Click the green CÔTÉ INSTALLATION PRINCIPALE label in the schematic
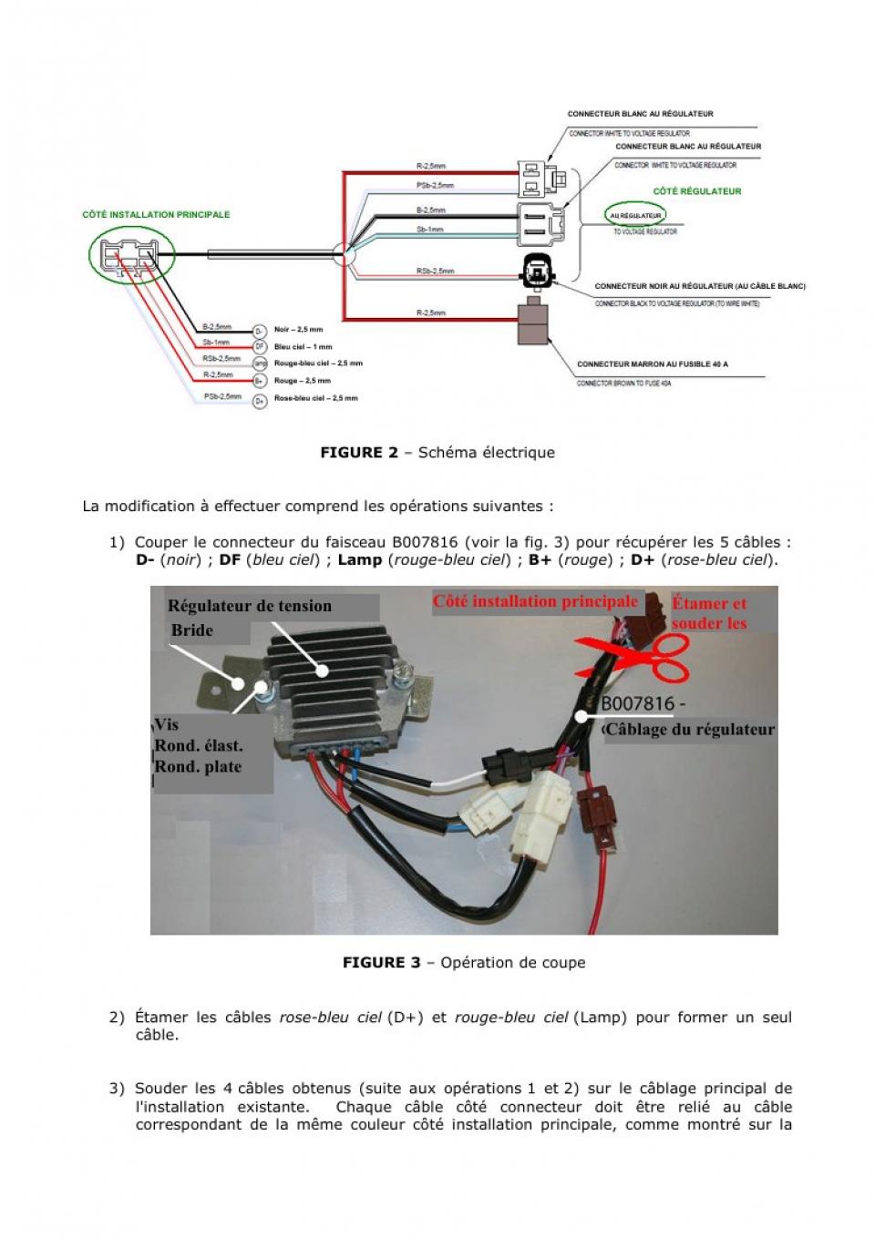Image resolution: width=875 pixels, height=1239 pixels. pos(156,215)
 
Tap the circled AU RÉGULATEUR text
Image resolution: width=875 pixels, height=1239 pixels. pos(635,216)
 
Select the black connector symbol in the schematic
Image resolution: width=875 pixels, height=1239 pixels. pos(534,270)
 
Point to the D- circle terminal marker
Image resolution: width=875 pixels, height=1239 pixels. pos(259,331)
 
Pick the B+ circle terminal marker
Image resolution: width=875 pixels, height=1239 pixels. pos(259,381)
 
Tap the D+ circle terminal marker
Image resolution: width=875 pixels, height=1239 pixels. pos(259,399)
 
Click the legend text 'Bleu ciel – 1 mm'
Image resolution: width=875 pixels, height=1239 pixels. pos(303,347)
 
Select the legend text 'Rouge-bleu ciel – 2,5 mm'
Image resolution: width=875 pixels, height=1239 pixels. pos(318,364)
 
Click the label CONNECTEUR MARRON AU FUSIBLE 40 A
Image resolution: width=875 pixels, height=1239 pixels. pos(652,364)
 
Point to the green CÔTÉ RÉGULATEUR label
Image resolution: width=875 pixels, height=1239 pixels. pos(697,191)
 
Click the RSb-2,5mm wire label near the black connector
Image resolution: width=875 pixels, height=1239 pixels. pos(435,271)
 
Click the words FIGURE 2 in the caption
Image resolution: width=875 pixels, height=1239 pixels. pos(358,453)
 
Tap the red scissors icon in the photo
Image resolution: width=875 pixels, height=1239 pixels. pos(638,658)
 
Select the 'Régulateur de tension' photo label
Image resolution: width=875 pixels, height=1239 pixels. pos(249,607)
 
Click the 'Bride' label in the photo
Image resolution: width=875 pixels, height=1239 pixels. pos(192,630)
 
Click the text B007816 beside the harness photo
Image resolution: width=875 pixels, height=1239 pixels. pos(638,704)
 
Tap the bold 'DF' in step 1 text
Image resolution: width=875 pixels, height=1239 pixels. pos(230,560)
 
